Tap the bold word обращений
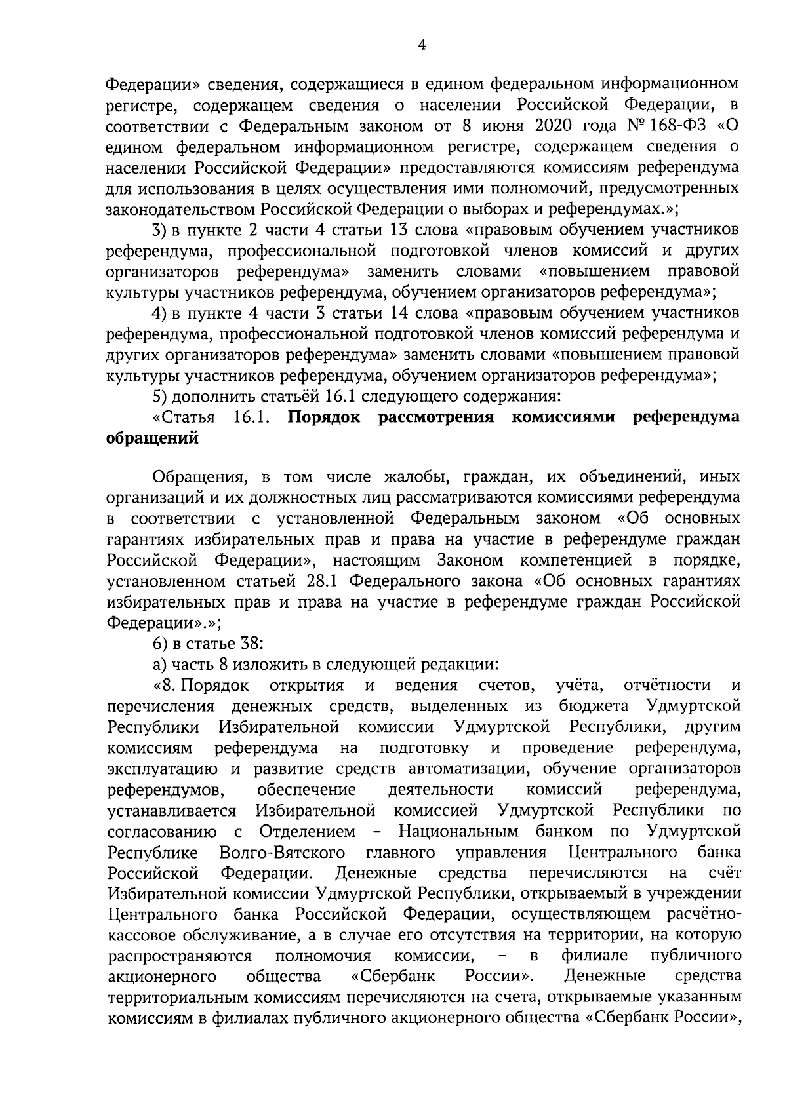pyautogui.click(x=152, y=438)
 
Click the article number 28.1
pyautogui.click(x=322, y=581)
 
